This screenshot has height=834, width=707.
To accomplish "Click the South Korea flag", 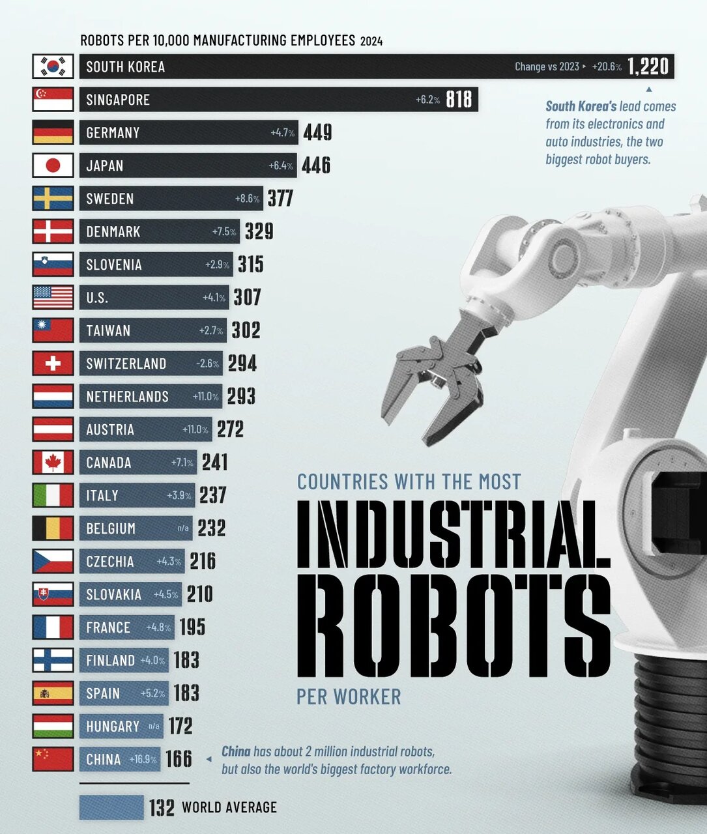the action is click(x=53, y=66).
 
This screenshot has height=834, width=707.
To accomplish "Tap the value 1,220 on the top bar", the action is click(x=648, y=66).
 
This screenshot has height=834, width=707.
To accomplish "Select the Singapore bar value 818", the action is click(x=459, y=99).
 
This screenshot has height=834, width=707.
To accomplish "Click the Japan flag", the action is click(x=53, y=165).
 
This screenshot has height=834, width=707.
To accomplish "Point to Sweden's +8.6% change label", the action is click(x=247, y=199).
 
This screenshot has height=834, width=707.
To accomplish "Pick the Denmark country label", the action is click(x=113, y=231).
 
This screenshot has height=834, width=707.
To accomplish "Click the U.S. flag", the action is click(x=53, y=297).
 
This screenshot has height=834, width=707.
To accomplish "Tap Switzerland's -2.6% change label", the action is click(x=207, y=364).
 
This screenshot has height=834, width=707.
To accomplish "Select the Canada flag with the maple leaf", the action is click(x=53, y=463).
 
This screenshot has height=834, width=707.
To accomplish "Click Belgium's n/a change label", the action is click(x=183, y=528).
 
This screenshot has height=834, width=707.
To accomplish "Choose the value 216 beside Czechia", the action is click(x=203, y=561).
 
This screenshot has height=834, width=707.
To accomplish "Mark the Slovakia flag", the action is click(x=53, y=594).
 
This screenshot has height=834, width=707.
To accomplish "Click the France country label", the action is click(x=108, y=627).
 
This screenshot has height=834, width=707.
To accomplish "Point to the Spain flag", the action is click(x=53, y=693).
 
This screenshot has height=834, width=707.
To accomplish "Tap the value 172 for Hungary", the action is click(x=180, y=726).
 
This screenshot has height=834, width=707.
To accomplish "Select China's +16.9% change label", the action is click(x=143, y=759).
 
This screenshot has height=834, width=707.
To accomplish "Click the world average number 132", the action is click(x=162, y=807).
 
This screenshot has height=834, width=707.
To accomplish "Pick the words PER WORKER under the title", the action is click(x=349, y=697).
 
